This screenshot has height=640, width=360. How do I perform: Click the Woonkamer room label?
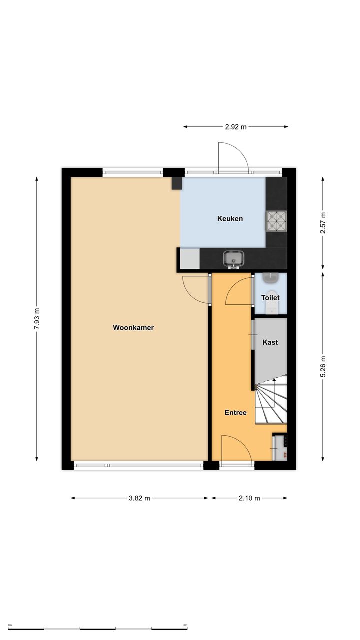pyautogui.click(x=133, y=327)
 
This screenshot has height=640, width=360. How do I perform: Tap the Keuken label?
pyautogui.click(x=230, y=219)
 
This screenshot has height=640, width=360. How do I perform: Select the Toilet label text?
pyautogui.click(x=270, y=297)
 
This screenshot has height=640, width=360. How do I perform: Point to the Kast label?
pyautogui.click(x=270, y=342)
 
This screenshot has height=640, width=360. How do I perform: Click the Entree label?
pyautogui.click(x=235, y=412)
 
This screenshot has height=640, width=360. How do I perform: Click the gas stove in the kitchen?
pyautogui.click(x=276, y=221)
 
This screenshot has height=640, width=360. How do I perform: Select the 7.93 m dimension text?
pyautogui.click(x=37, y=319)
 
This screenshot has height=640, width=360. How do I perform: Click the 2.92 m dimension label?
pyautogui.click(x=236, y=127)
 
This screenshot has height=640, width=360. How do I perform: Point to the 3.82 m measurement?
pyautogui.click(x=139, y=498)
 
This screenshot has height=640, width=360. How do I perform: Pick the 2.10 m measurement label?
pyautogui.click(x=249, y=498)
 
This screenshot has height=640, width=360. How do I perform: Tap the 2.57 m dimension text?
pyautogui.click(x=323, y=223)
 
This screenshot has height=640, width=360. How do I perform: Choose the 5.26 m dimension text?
pyautogui.click(x=323, y=367)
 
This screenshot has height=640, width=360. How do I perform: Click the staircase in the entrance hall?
pyautogui.click(x=271, y=400)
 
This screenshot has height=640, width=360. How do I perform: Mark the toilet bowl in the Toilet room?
pyautogui.click(x=270, y=306)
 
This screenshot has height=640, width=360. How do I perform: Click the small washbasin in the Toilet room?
pyautogui.click(x=270, y=278)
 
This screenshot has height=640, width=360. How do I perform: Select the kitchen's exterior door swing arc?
pyautogui.click(x=239, y=151)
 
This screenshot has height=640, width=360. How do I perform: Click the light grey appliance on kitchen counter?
pyautogui.click(x=189, y=258)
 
